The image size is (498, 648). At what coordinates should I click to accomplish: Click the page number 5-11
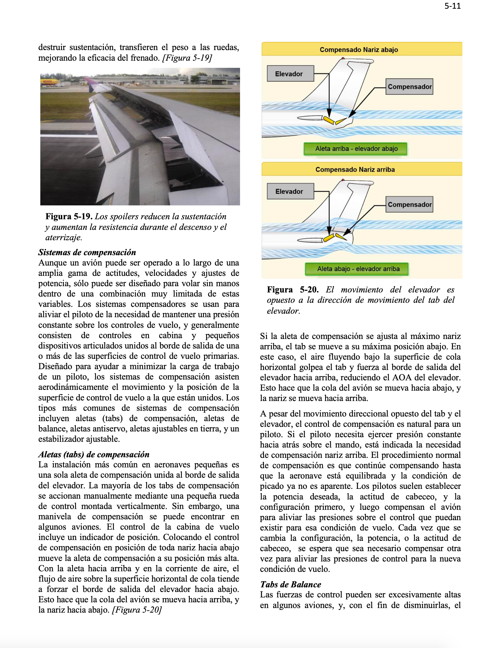452,6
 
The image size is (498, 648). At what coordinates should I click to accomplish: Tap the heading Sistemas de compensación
87,252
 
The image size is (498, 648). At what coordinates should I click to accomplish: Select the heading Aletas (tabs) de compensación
94,454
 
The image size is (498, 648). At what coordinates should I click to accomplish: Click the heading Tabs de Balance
291,584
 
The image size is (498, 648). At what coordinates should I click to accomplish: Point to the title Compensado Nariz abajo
359,50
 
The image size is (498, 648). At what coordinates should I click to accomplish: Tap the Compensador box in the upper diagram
409,87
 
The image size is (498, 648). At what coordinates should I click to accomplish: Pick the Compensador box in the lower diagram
409,204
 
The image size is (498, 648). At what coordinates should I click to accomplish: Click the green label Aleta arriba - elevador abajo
356,149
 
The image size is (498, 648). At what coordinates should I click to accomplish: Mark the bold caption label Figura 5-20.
292,289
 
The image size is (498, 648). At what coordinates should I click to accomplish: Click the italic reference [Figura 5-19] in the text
187,58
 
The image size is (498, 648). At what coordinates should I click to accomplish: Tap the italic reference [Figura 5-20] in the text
137,610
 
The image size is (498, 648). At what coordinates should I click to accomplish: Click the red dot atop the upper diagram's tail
343,58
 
